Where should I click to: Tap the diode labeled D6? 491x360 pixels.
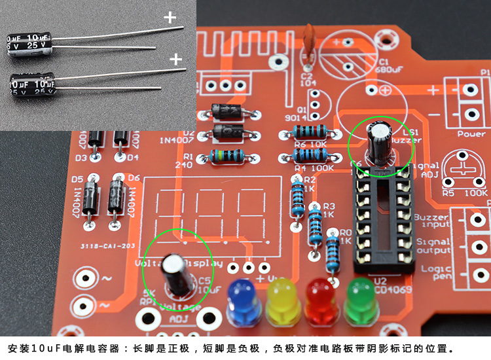(x=118, y=194)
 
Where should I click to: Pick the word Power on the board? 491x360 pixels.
(x=471, y=134)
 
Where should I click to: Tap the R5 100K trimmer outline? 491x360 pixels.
(x=465, y=171)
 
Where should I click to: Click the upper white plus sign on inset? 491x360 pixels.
(x=170, y=18)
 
